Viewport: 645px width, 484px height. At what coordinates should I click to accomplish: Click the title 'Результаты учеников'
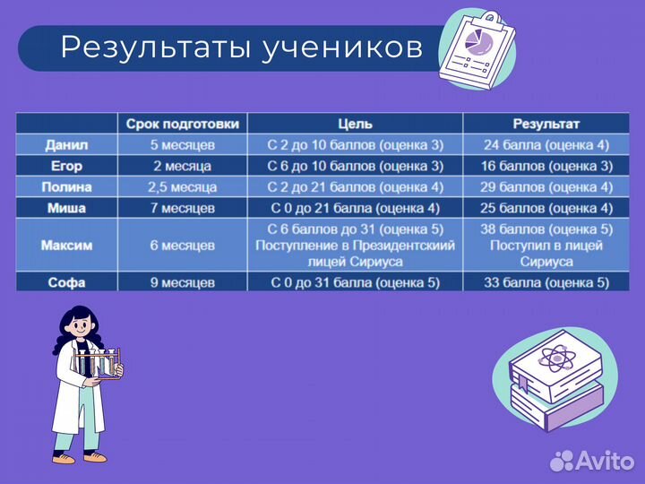[241, 48]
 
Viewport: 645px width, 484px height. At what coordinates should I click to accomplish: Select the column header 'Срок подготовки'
[182, 124]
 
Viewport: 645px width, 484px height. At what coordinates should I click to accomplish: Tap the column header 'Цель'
[355, 124]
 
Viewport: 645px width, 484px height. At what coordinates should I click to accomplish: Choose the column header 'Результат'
[546, 124]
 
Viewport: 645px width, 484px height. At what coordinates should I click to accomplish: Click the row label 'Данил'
[67, 144]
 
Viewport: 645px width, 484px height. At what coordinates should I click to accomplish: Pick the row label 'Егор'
[67, 166]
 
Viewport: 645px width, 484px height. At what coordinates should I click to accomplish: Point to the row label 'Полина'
[67, 187]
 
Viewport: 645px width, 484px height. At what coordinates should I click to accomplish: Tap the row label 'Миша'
[67, 208]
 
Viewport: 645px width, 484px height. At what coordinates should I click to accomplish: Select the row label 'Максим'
[67, 245]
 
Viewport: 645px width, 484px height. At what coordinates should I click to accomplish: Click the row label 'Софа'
[67, 282]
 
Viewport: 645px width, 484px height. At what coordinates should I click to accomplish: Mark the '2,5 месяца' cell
[182, 187]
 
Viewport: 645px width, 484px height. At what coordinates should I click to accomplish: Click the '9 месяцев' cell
[182, 282]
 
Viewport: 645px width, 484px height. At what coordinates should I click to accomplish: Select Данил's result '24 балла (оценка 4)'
[546, 144]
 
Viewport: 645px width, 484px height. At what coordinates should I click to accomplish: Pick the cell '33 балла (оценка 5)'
[546, 282]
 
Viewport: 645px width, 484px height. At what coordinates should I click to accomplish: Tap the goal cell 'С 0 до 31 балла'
[355, 282]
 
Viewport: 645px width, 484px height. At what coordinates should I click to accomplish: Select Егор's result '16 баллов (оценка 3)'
[546, 166]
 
